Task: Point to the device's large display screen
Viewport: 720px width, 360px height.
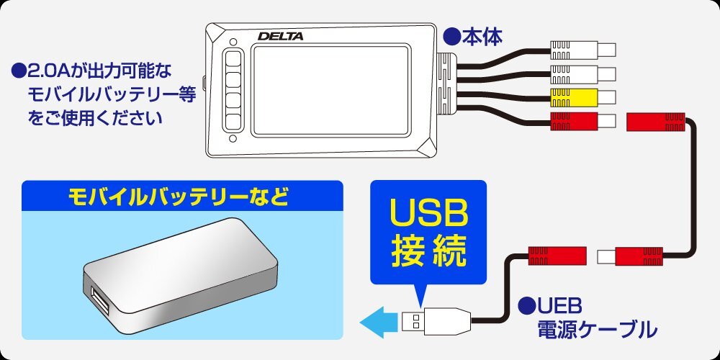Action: (x=331, y=91)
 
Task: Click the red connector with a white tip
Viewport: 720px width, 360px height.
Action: (x=630, y=256)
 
